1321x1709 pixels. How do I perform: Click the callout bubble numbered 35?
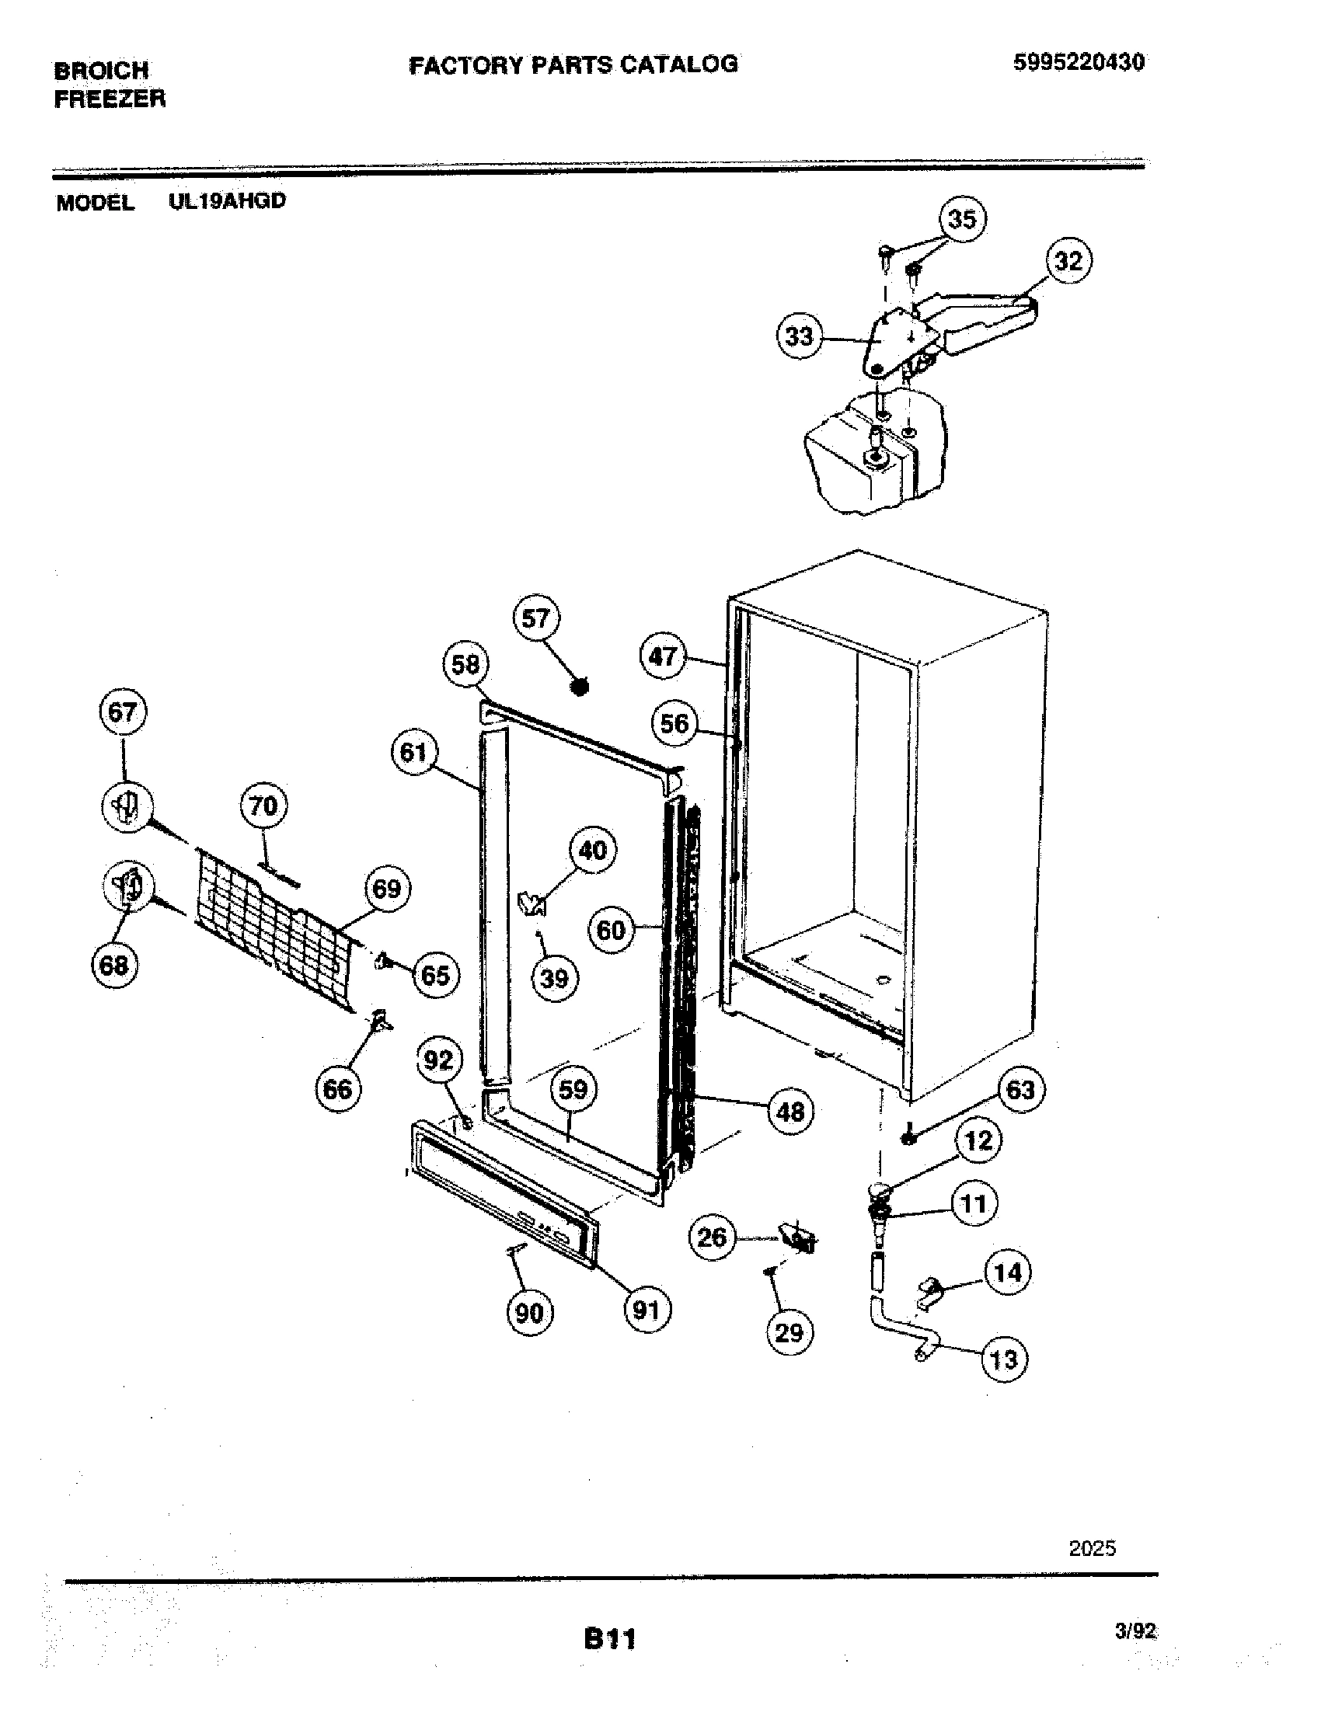point(962,219)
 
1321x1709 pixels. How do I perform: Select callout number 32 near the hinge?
point(1068,260)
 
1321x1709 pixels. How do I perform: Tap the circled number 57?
point(536,618)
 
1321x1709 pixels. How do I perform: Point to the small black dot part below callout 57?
point(580,687)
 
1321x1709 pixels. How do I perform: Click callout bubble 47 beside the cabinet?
point(663,656)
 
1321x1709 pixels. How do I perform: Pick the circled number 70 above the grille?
point(263,806)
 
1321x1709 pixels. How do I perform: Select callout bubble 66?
point(338,1088)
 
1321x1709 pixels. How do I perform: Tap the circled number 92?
point(438,1060)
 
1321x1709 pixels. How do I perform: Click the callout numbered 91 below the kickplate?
point(647,1308)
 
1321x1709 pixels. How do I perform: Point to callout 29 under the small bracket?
point(789,1331)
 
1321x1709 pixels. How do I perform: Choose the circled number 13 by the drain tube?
point(1004,1359)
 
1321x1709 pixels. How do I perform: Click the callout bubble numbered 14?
point(1007,1272)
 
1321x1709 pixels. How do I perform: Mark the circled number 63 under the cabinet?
point(1020,1089)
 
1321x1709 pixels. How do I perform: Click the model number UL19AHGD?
point(227,201)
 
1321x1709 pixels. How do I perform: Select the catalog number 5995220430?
point(1079,62)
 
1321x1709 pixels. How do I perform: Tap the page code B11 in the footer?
point(610,1638)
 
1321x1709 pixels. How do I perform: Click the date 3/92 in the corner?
point(1135,1631)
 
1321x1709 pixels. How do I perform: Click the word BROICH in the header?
point(101,71)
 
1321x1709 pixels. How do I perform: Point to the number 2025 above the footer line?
point(1092,1547)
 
